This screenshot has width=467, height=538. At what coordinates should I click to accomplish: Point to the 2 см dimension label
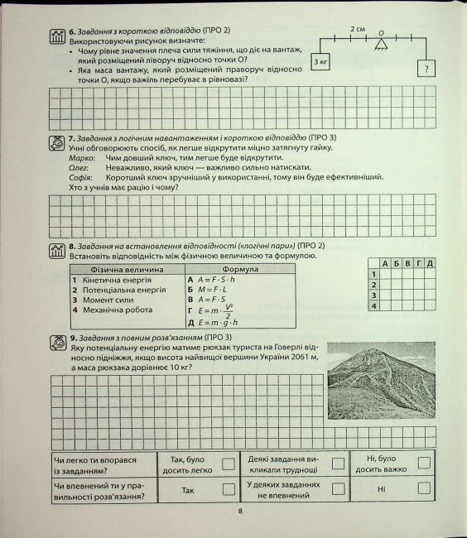point(358,28)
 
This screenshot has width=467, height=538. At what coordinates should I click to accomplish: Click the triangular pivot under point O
point(383,44)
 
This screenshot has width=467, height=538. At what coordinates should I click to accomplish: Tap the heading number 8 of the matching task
point(73,246)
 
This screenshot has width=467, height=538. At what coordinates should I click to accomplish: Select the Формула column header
point(241,269)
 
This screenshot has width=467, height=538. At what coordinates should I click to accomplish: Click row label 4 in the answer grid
point(373,306)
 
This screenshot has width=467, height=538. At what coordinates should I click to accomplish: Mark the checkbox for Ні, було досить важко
point(424,464)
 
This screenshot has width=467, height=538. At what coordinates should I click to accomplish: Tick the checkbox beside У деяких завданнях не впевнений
point(337,488)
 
